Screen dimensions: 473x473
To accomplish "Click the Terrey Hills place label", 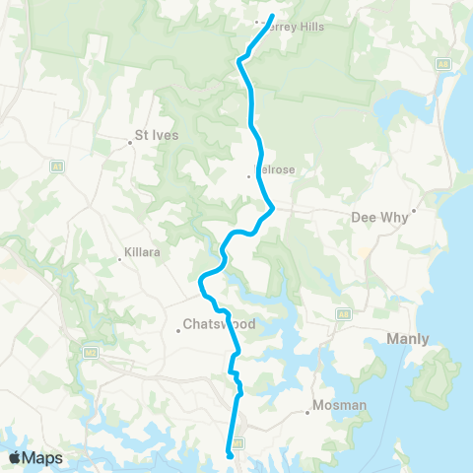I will (x=296, y=27).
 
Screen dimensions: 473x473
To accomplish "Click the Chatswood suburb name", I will (x=219, y=324).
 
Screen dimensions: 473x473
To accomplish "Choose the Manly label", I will (x=399, y=340).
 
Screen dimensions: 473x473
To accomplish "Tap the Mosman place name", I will (x=339, y=405).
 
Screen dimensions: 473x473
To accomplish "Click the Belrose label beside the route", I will (x=277, y=169).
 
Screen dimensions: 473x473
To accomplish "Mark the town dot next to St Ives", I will (x=131, y=142).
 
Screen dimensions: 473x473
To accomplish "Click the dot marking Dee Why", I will (x=416, y=211).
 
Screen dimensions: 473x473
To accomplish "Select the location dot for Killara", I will (x=119, y=260).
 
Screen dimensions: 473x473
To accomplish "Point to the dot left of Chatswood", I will (x=177, y=331).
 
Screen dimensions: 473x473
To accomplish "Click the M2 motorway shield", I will (x=91, y=350).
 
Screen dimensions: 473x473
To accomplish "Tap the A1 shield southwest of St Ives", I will (x=57, y=169).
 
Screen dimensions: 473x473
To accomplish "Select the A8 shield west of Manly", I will (x=343, y=314).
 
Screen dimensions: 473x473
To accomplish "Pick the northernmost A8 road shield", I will (x=443, y=63).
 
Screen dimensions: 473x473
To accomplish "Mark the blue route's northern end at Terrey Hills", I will (x=271, y=15).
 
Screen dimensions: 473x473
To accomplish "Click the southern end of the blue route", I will (x=230, y=455).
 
